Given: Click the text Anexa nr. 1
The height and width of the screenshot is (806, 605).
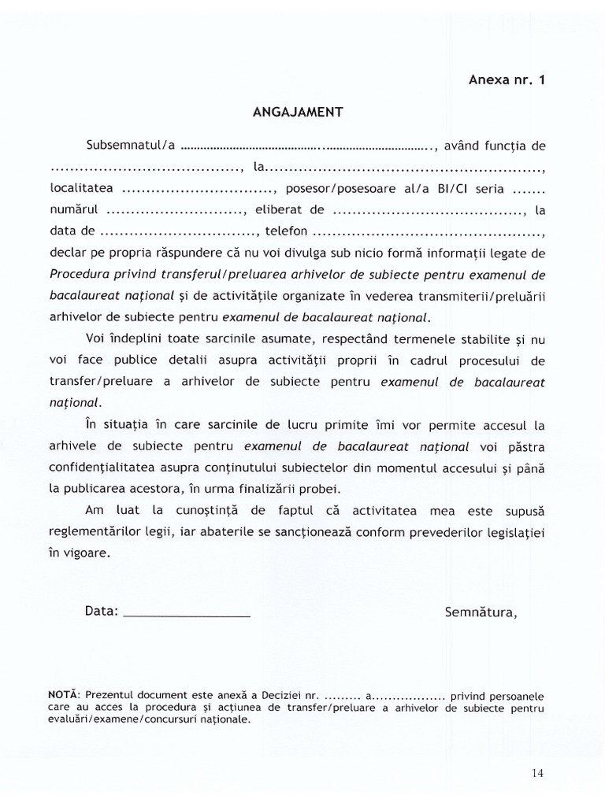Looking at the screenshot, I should pyautogui.click(x=506, y=79).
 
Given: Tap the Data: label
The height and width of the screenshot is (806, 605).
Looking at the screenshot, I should pyautogui.click(x=100, y=610).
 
